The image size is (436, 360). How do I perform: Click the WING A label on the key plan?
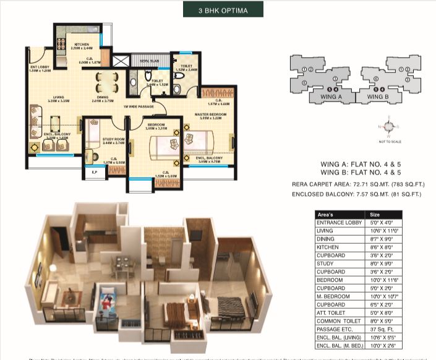click(x=331, y=97)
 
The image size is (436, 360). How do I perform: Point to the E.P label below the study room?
click(x=93, y=173)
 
